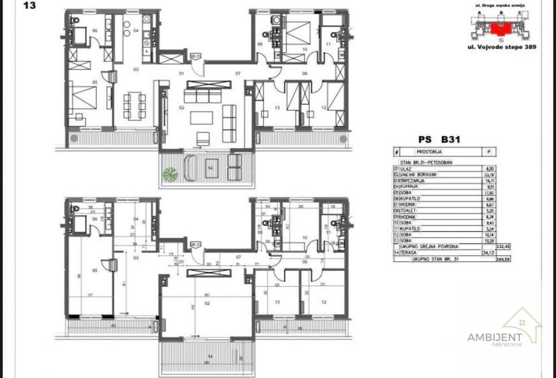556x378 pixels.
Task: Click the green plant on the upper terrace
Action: click(x=170, y=174)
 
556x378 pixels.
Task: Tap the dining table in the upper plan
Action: click(x=134, y=106)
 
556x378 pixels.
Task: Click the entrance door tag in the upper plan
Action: click(x=195, y=56)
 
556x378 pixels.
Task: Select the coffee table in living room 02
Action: click(x=201, y=118)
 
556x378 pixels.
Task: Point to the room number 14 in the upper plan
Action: click(x=210, y=167)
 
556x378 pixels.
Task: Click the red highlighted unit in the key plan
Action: click(x=502, y=28)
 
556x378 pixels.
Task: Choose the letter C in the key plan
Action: click(x=519, y=12)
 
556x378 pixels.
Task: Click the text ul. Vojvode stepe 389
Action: click(x=502, y=48)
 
